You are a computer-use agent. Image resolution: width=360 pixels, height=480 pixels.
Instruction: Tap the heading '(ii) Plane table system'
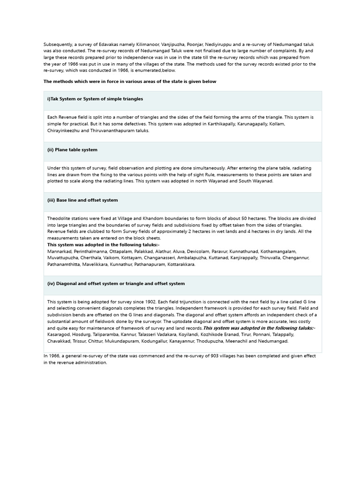(x=72, y=150)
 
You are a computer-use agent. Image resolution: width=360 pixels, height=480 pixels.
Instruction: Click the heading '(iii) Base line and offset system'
(x=82, y=200)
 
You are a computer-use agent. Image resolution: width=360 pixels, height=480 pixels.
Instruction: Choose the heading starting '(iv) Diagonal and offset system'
(x=116, y=284)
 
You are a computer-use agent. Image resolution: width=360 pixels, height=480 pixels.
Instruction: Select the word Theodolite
(x=59, y=218)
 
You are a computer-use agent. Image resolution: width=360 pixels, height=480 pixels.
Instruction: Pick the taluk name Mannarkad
(x=59, y=252)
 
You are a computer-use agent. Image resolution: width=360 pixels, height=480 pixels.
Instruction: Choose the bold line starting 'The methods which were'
(x=130, y=82)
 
